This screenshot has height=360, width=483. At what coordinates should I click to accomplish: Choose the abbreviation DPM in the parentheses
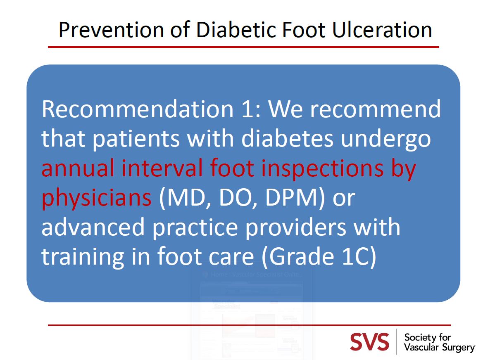click(293, 198)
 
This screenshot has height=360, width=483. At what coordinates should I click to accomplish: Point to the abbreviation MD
click(177, 198)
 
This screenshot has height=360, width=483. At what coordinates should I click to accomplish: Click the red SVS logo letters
click(369, 342)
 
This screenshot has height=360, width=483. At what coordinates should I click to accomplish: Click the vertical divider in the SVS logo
click(397, 342)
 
